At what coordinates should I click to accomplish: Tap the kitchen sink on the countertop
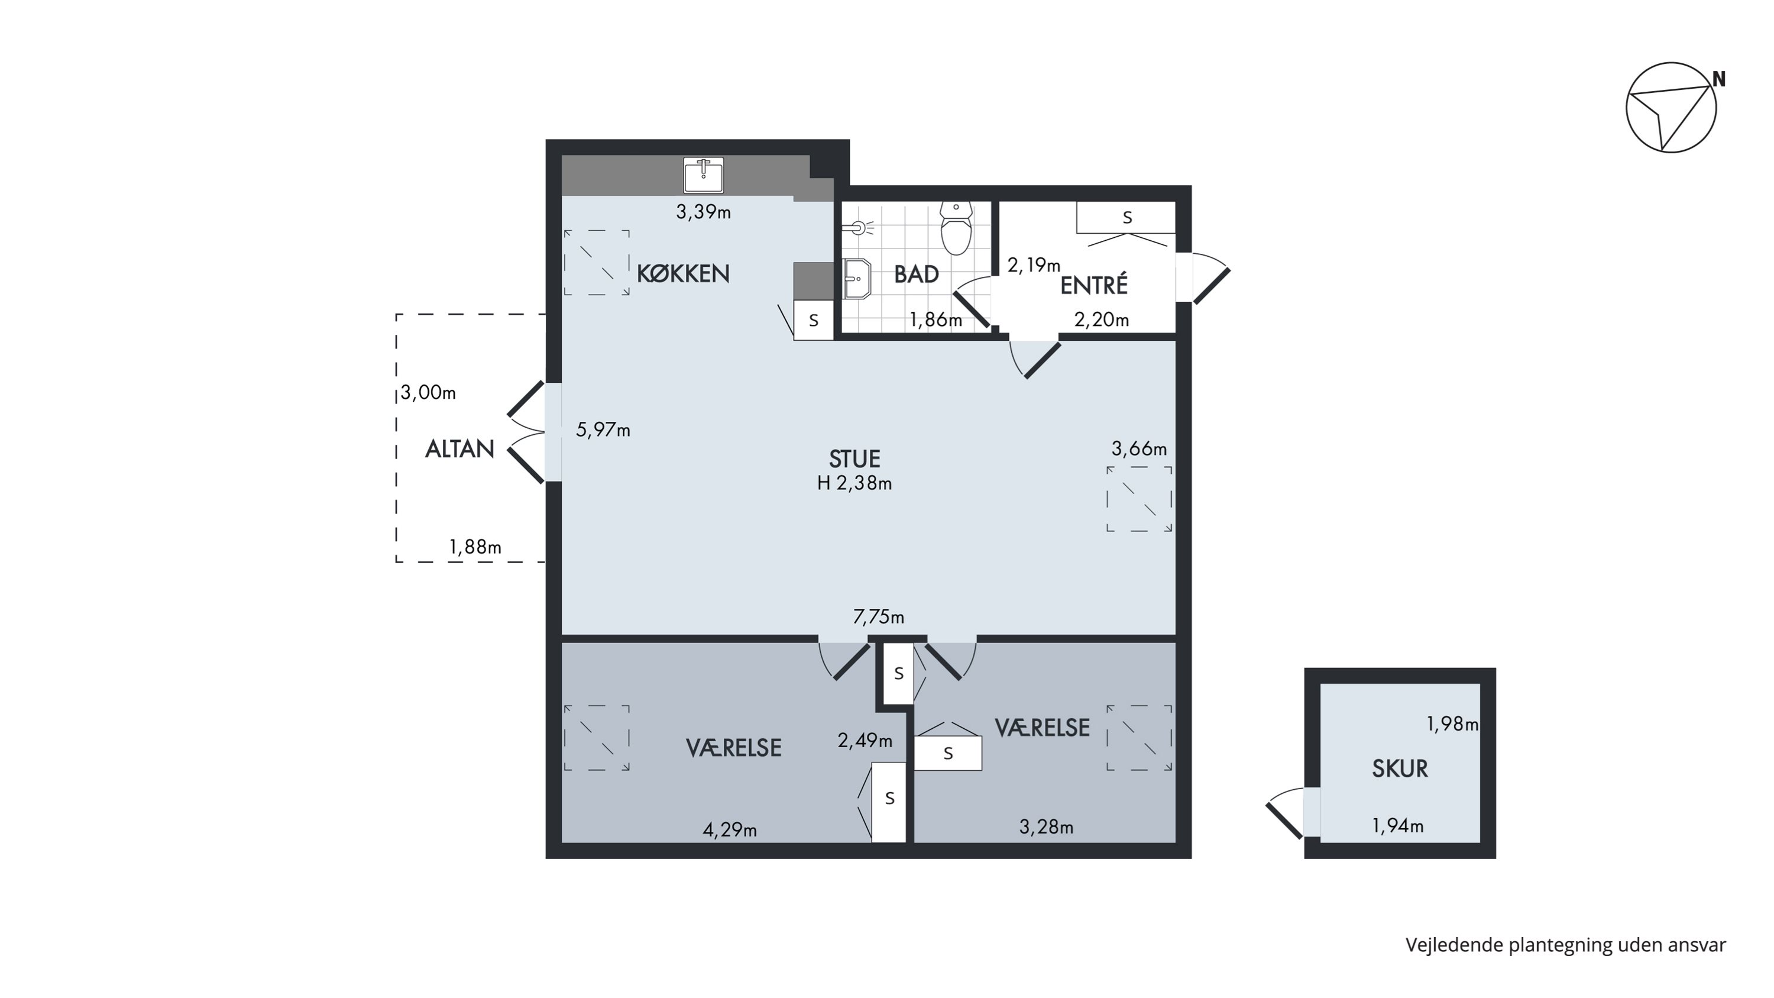pos(703,175)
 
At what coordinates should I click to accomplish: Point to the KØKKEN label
pos(682,273)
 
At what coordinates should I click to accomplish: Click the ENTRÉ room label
pos(1093,285)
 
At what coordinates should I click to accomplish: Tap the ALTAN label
pos(459,449)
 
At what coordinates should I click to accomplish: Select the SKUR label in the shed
pos(1399,768)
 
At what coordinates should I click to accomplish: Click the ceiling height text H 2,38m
pos(854,483)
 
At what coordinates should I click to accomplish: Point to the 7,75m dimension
pos(878,617)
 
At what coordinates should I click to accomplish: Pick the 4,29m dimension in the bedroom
pos(729,830)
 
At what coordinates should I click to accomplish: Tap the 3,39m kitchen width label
pos(703,212)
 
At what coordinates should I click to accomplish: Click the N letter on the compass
pos(1719,80)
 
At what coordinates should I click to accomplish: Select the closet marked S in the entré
pos(1126,218)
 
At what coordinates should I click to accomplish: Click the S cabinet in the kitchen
pos(813,320)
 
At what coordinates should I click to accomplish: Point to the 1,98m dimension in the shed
pos(1452,724)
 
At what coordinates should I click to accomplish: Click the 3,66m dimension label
pos(1139,449)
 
